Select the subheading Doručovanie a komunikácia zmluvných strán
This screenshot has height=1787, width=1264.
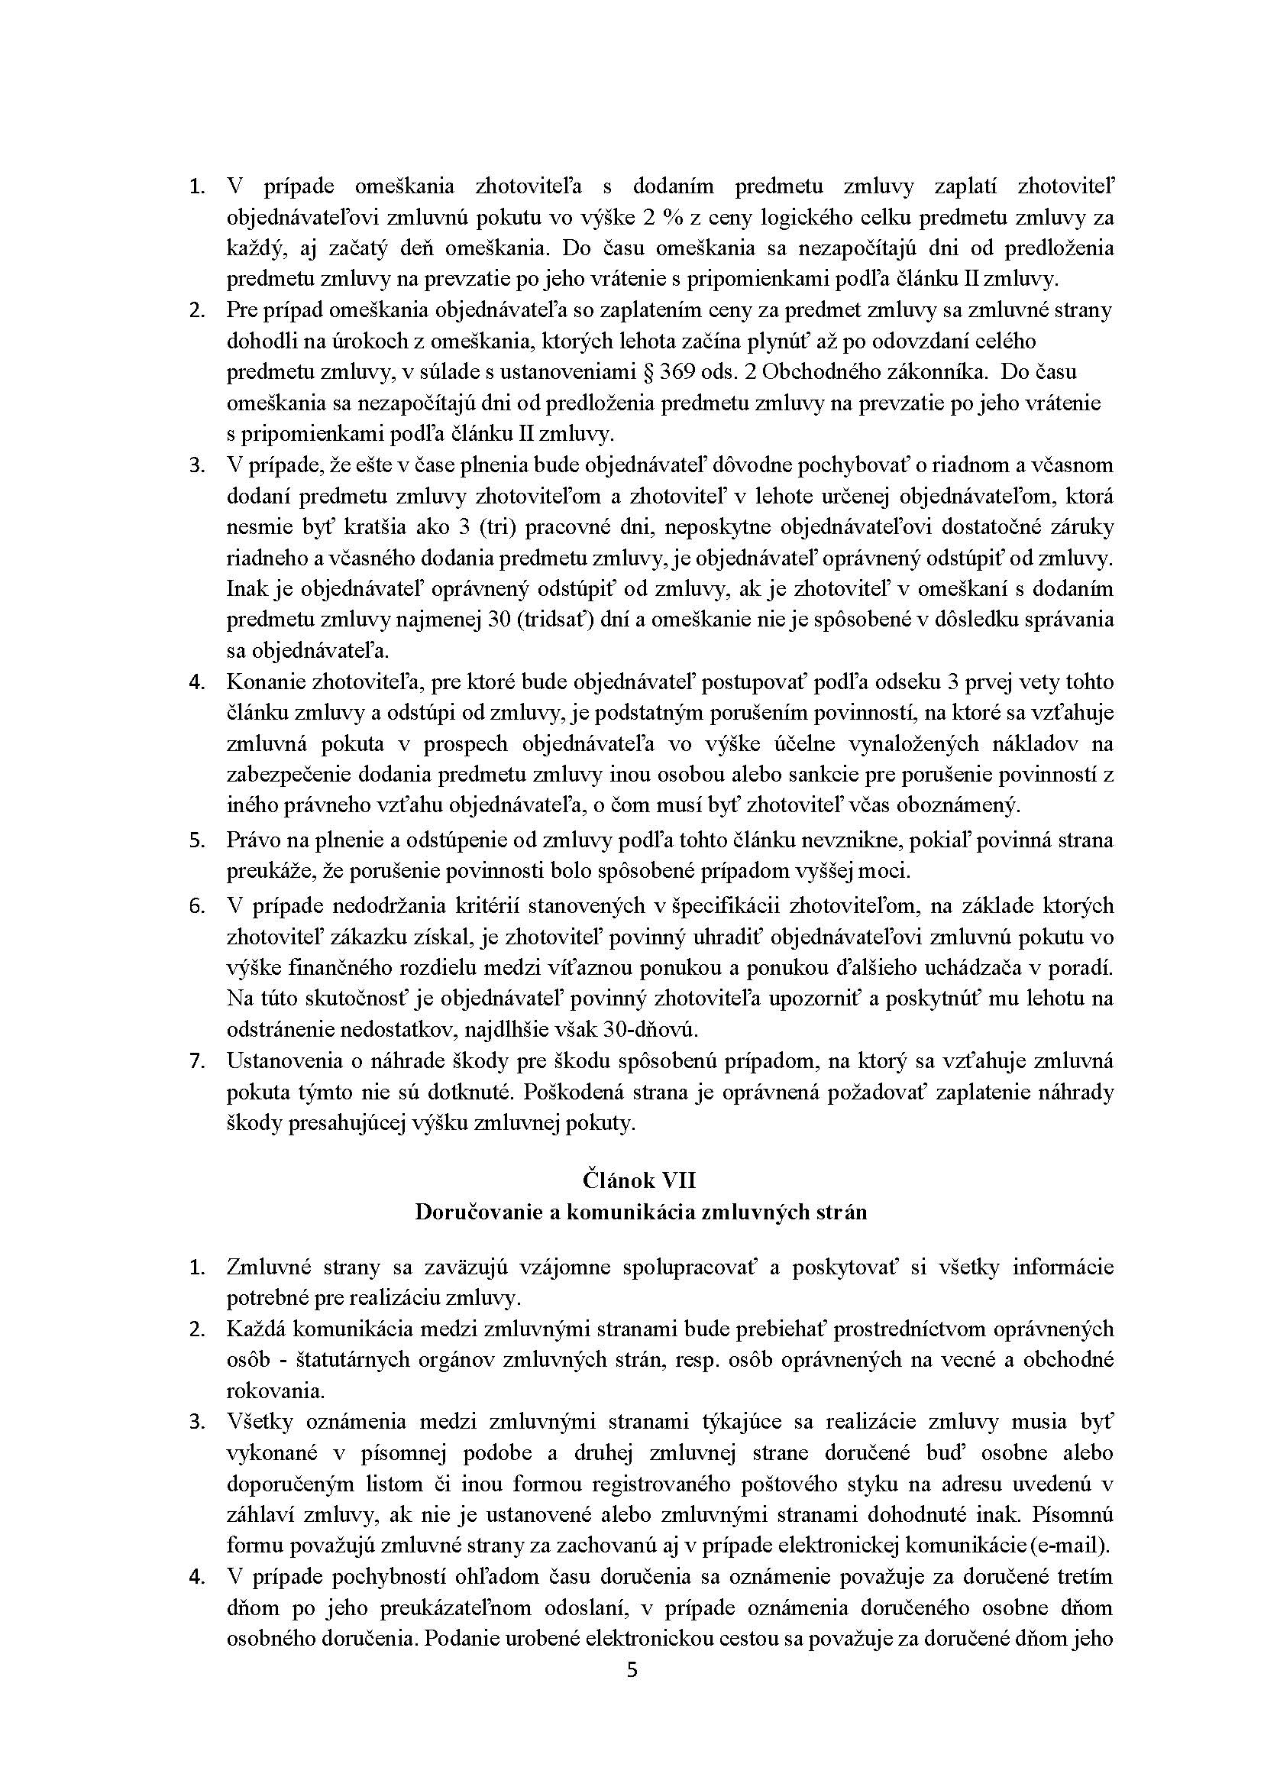640,1212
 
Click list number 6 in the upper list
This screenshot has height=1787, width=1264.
196,906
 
